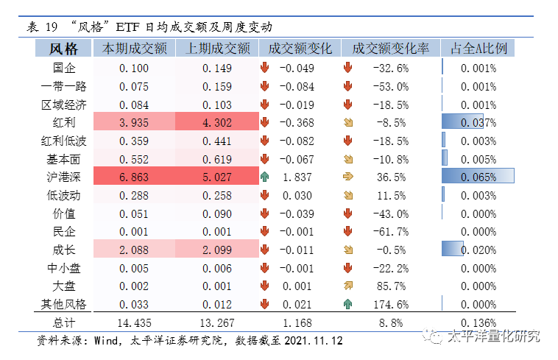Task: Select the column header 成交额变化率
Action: coord(390,49)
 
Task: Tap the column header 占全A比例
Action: coord(478,49)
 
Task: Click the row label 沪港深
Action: coord(63,177)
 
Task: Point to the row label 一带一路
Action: coord(63,86)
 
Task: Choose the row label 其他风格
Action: coord(63,304)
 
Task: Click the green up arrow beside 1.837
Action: coord(265,177)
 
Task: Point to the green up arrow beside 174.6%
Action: coord(348,304)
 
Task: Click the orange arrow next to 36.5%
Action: coord(348,177)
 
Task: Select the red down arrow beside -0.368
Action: coord(265,122)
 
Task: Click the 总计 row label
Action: coord(63,322)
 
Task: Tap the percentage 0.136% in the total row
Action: coord(478,322)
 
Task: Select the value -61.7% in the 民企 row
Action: coord(390,231)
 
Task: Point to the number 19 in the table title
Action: coord(51,27)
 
